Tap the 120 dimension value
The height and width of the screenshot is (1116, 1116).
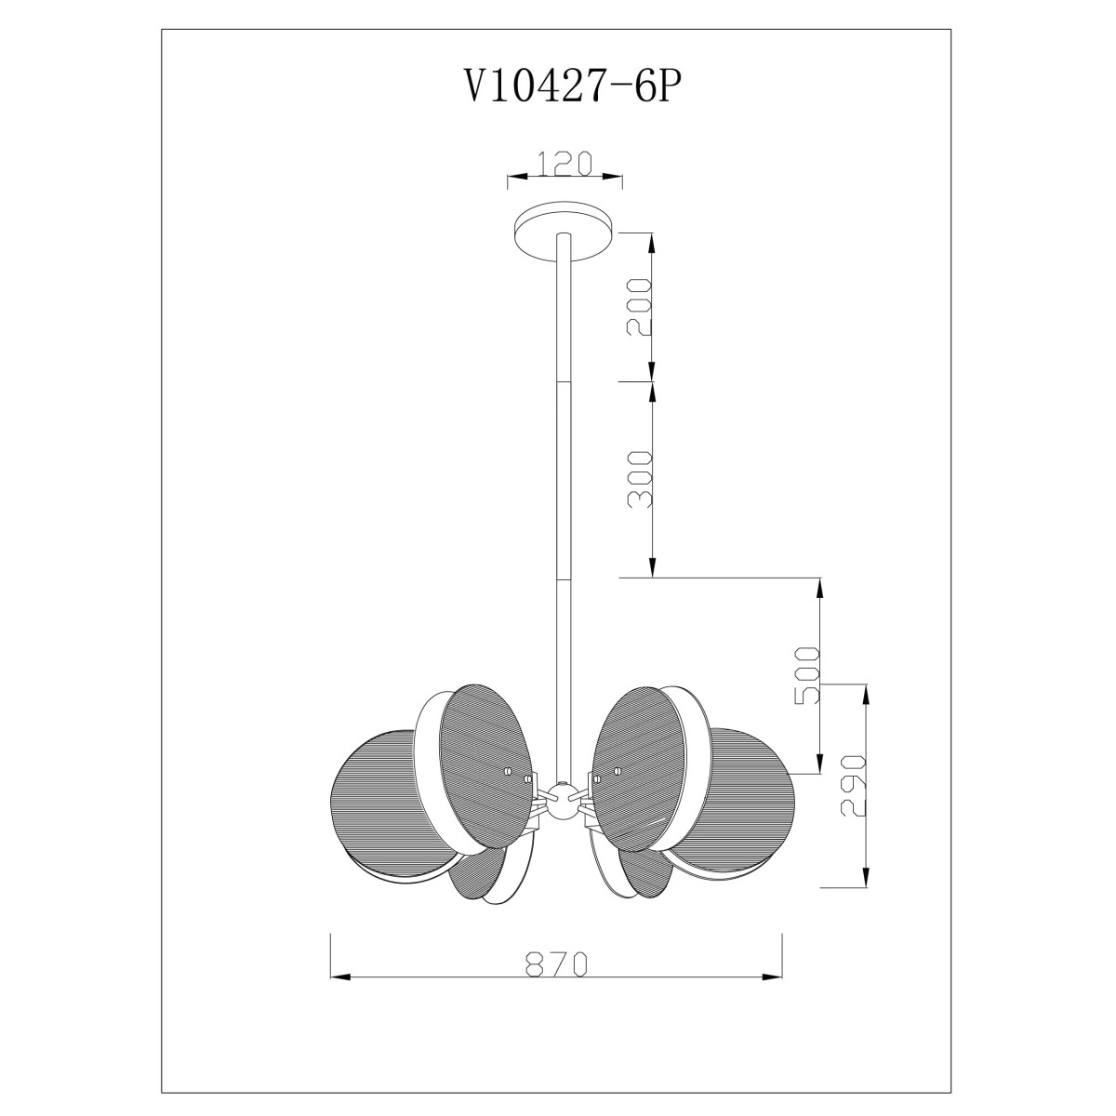tap(565, 164)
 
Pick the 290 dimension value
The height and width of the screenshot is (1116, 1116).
tap(854, 785)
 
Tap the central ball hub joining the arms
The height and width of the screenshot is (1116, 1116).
tap(560, 801)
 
